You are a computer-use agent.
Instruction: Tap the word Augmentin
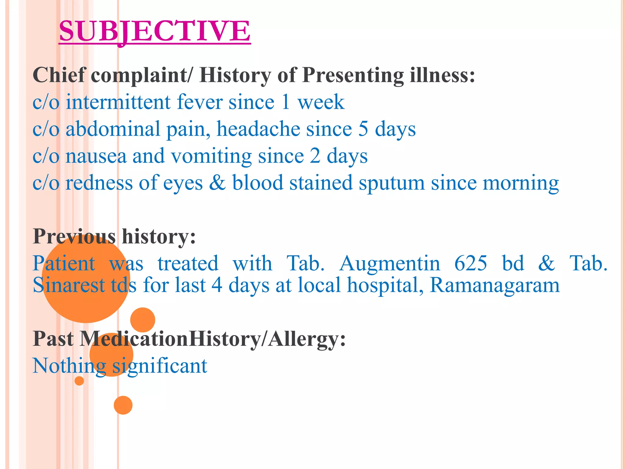click(x=389, y=263)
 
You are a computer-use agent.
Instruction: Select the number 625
click(x=471, y=263)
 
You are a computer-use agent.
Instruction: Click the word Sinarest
click(x=69, y=285)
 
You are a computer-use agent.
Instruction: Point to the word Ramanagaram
click(x=494, y=285)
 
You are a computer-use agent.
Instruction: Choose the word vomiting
click(x=211, y=156)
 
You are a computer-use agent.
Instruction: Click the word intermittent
click(x=118, y=102)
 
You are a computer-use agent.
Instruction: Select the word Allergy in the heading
click(x=307, y=339)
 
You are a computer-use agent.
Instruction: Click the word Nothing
click(x=69, y=366)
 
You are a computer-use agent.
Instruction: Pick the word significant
click(x=160, y=366)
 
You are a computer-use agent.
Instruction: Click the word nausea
click(x=96, y=156)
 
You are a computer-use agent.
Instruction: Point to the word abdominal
click(x=113, y=129)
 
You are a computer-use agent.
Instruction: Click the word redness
click(x=99, y=183)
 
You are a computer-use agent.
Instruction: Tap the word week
click(x=321, y=102)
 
